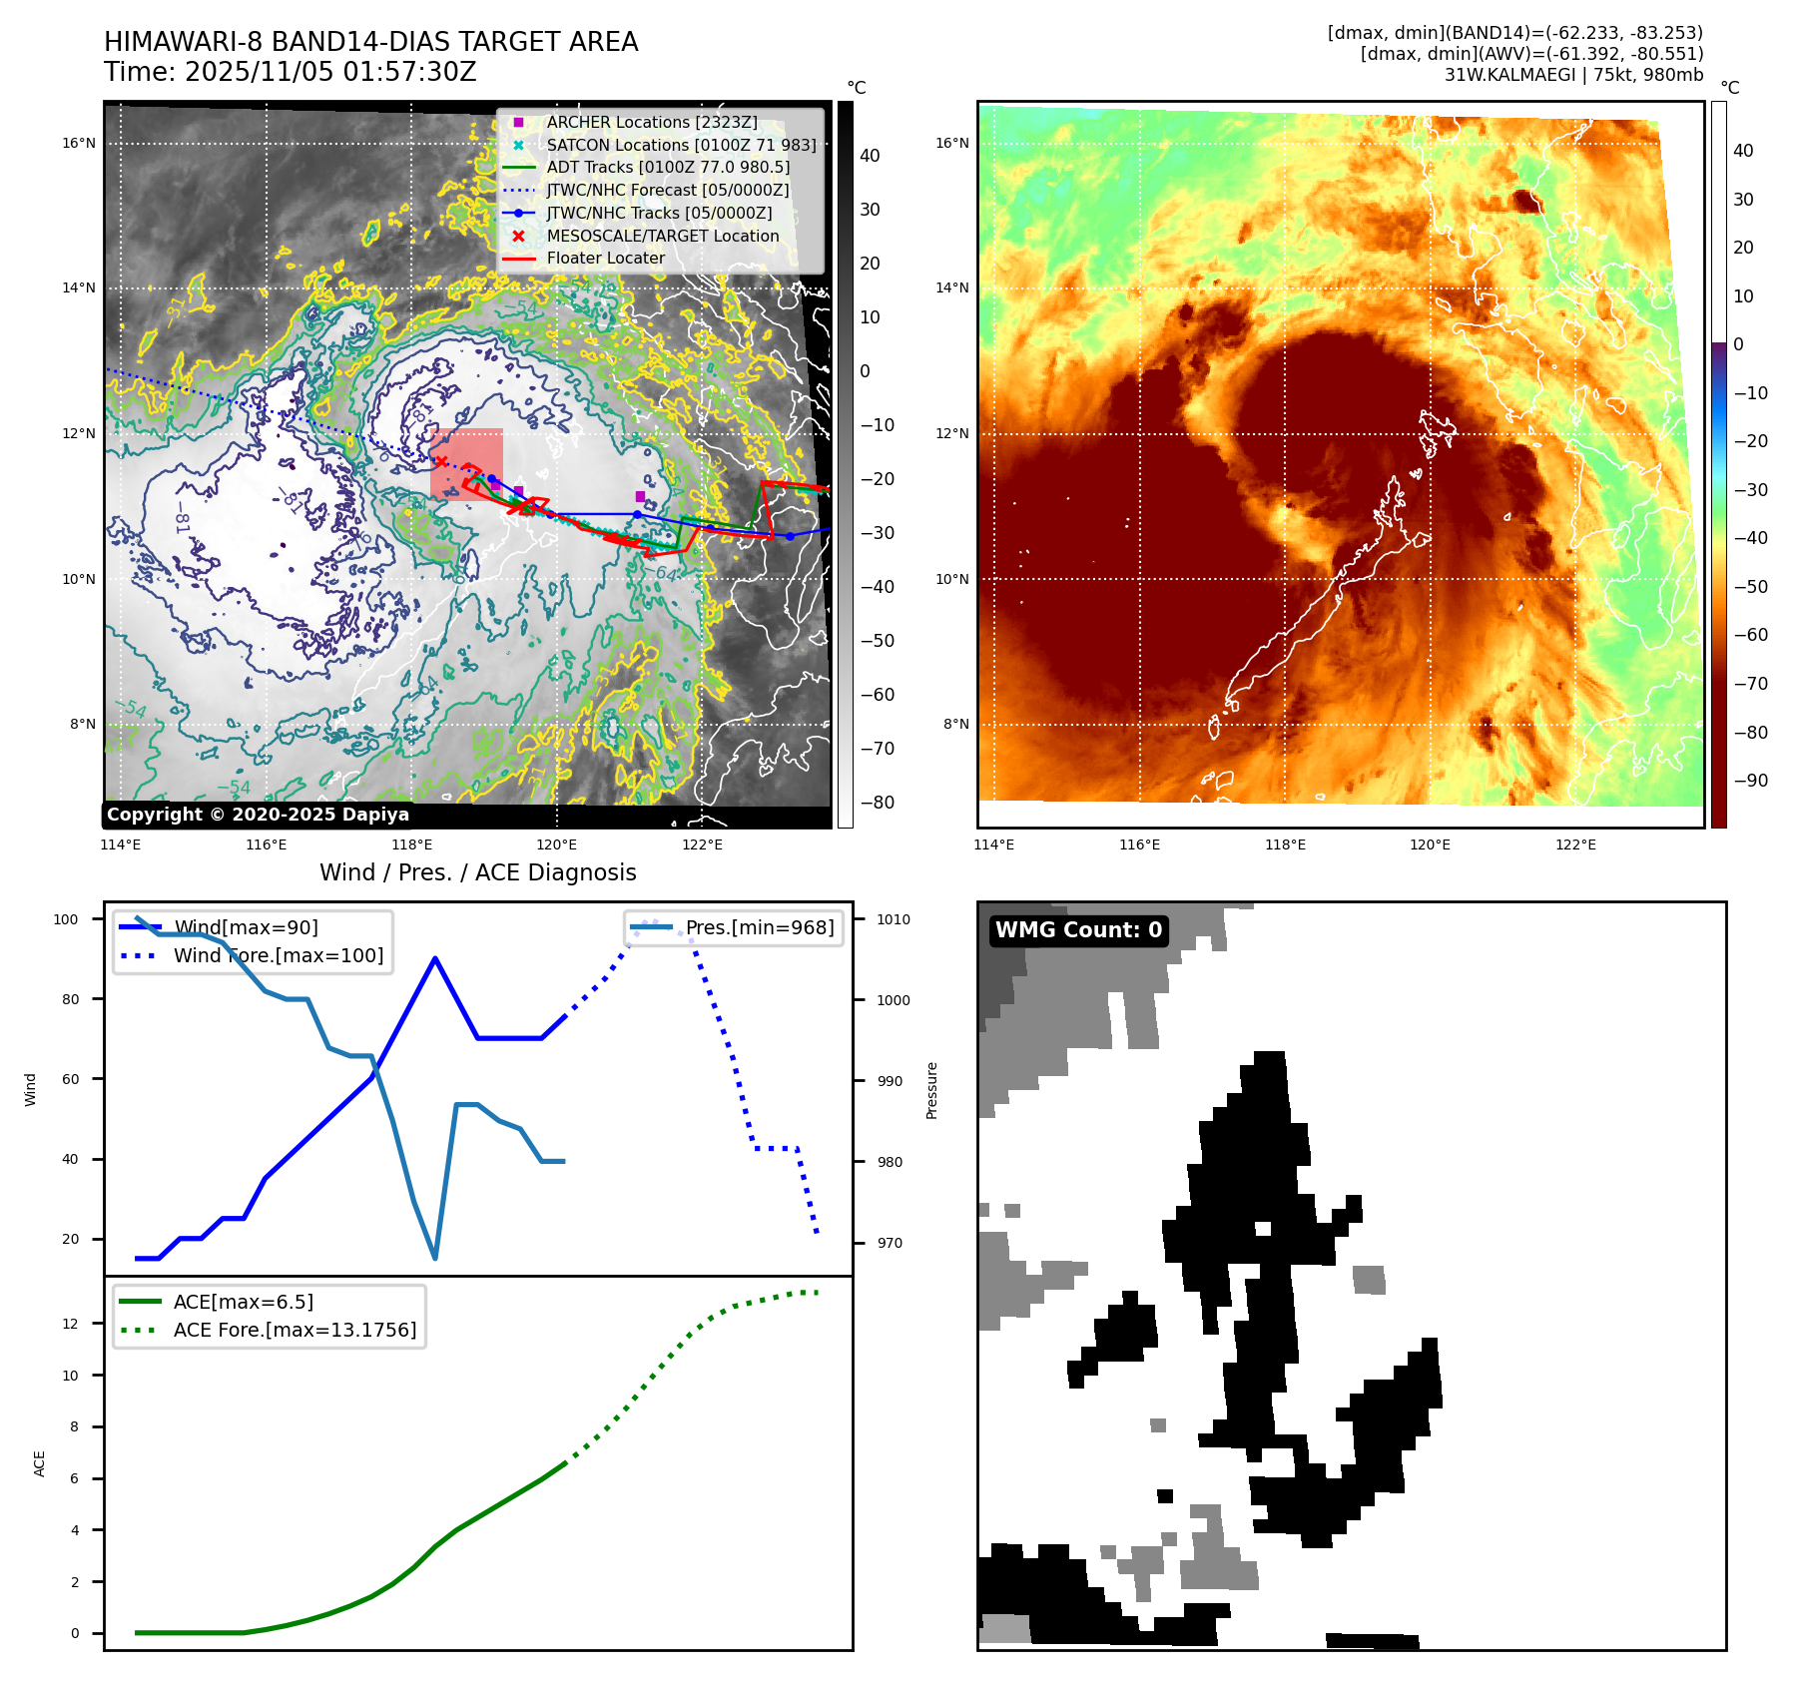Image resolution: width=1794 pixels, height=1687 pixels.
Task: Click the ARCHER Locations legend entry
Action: [651, 122]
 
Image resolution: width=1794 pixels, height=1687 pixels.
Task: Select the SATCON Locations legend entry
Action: [681, 145]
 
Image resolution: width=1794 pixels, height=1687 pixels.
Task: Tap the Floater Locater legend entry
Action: [605, 258]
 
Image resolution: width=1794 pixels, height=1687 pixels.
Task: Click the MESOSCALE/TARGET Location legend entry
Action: [662, 236]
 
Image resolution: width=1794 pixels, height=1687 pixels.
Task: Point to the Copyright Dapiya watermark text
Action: [258, 815]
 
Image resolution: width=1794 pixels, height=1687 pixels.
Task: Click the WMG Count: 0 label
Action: [1078, 930]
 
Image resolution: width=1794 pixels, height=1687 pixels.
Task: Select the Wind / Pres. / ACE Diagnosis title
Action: [477, 872]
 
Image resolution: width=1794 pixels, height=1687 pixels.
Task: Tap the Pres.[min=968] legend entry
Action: [759, 927]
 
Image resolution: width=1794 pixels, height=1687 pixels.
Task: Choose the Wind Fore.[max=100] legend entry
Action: [278, 955]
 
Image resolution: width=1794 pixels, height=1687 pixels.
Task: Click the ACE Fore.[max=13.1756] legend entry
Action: [295, 1330]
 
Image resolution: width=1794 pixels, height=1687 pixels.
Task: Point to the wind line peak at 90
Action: [435, 958]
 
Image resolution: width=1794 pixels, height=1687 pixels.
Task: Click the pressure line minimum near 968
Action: [435, 1258]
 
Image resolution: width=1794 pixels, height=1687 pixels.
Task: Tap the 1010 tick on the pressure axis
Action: [894, 919]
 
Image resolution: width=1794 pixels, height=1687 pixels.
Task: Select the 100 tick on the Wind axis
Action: [66, 919]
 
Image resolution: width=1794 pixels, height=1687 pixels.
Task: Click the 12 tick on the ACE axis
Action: [70, 1324]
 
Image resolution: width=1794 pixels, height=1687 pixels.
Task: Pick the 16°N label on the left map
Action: [79, 143]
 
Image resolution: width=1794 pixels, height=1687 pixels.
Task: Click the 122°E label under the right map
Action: [1575, 844]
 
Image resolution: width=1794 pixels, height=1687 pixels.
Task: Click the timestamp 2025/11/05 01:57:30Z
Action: [330, 72]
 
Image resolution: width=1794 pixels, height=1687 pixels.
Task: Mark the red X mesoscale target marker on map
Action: [440, 461]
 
